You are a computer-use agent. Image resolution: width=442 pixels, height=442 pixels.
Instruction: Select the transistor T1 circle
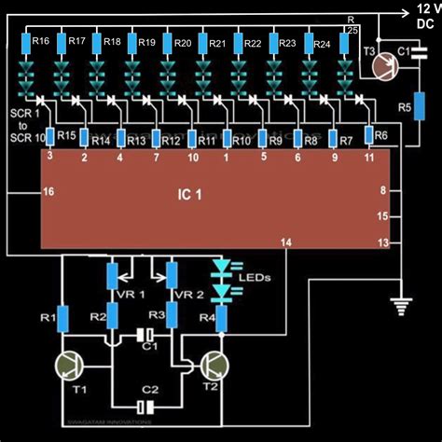coord(70,365)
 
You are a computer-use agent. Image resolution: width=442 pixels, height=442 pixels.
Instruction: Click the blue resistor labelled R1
coord(63,318)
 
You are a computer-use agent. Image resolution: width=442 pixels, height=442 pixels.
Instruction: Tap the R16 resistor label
coord(40,42)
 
